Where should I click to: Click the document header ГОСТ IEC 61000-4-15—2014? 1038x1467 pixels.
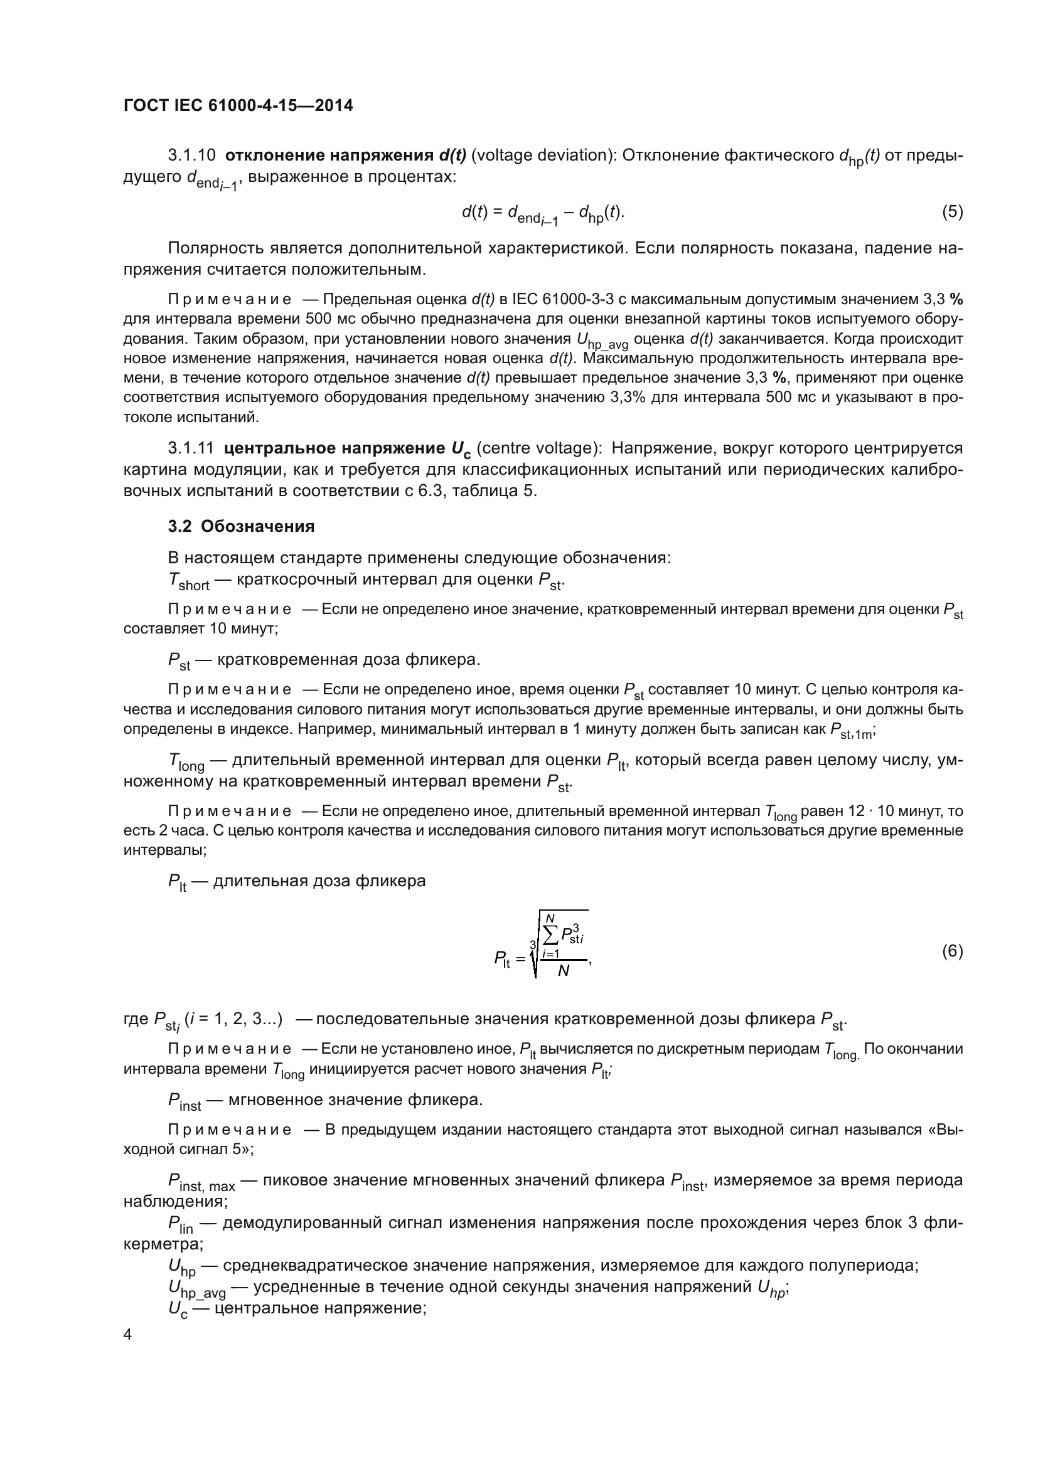coord(238,105)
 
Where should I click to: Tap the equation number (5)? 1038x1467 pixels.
coord(952,212)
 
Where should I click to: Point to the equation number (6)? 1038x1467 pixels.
coord(952,951)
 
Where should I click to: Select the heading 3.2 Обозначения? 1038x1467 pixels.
coord(241,526)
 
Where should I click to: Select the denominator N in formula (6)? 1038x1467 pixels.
coord(563,970)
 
